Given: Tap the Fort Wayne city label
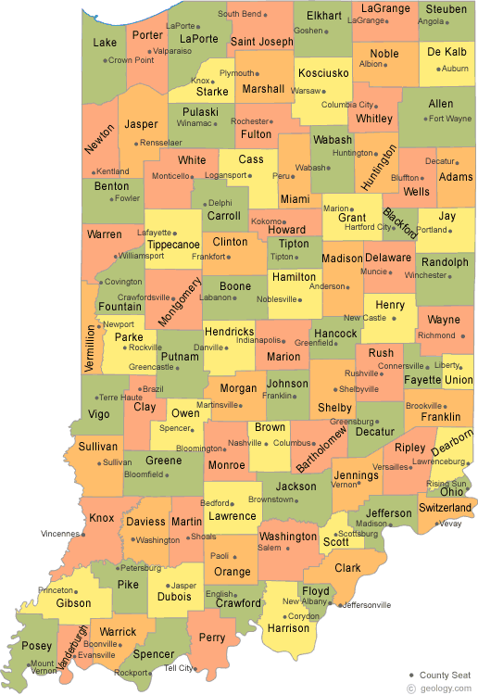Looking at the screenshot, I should tap(451, 119).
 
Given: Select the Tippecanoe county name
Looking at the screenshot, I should tap(173, 245).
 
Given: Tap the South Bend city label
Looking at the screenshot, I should tap(239, 14).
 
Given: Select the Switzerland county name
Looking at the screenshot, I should tap(446, 508).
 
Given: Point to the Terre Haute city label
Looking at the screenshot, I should tap(120, 398).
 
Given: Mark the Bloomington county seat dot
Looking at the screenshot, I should tap(227, 449).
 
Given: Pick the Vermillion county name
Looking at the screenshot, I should tap(90, 347).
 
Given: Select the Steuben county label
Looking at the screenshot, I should tap(447, 9).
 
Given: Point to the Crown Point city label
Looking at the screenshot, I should tap(131, 60).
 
